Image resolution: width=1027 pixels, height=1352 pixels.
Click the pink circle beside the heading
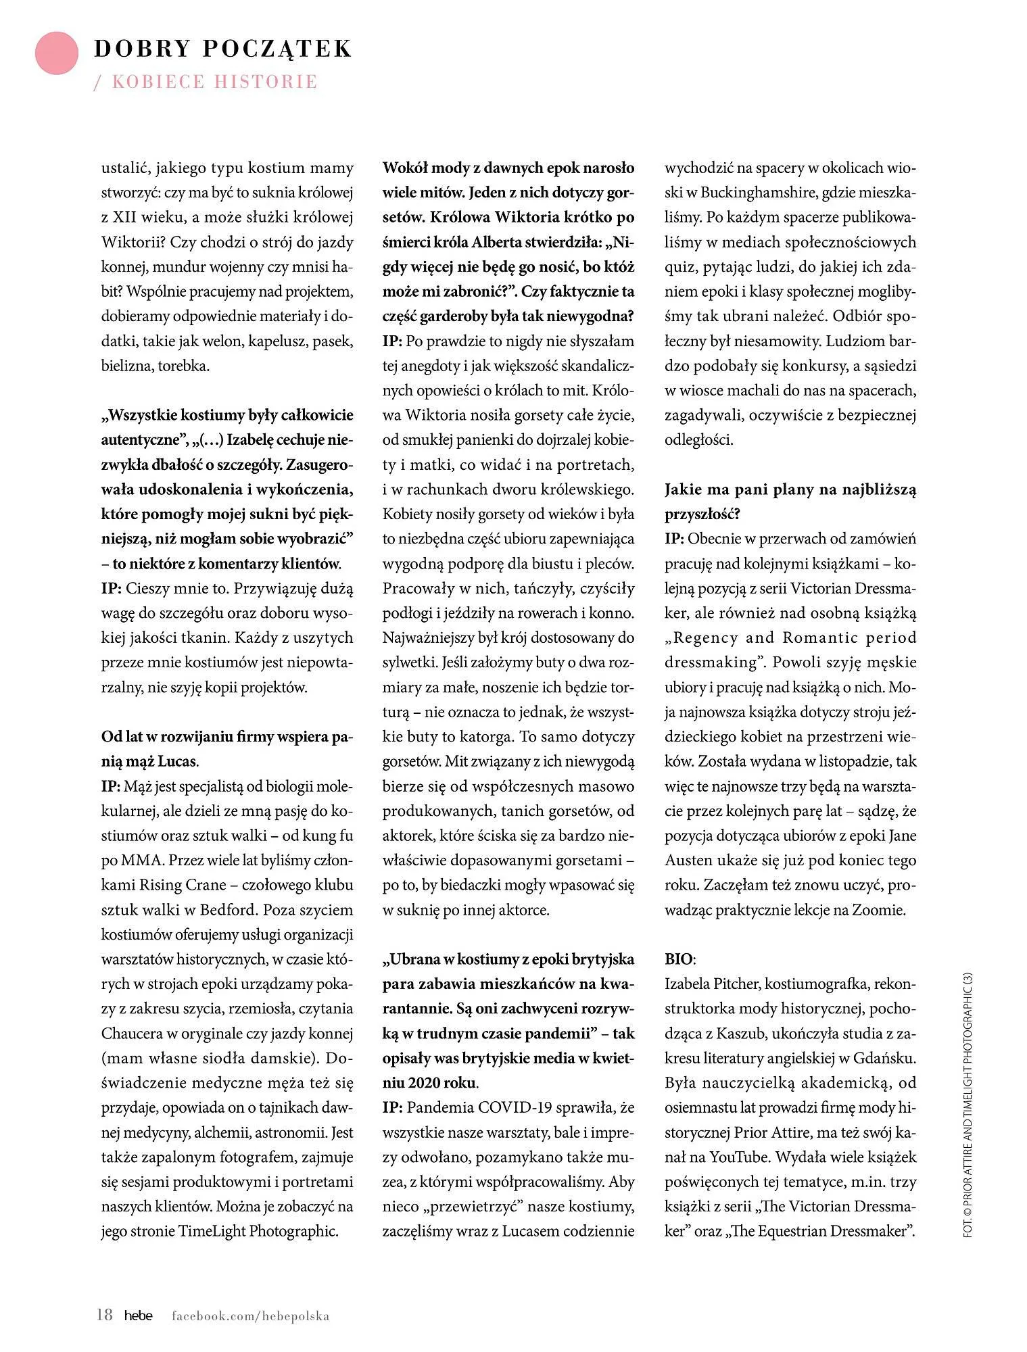(x=56, y=53)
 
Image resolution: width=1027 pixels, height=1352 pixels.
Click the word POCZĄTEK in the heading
(x=277, y=49)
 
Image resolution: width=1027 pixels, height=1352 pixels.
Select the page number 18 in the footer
(x=105, y=1315)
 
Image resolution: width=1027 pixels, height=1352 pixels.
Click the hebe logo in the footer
(x=138, y=1315)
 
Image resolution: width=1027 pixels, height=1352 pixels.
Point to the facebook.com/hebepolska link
(x=250, y=1315)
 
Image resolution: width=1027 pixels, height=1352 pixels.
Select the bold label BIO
(x=679, y=959)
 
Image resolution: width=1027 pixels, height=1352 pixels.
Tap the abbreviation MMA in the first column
(x=140, y=861)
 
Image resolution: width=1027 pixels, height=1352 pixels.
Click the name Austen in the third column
(x=687, y=861)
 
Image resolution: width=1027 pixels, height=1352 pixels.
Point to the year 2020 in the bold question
(x=404, y=1083)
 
